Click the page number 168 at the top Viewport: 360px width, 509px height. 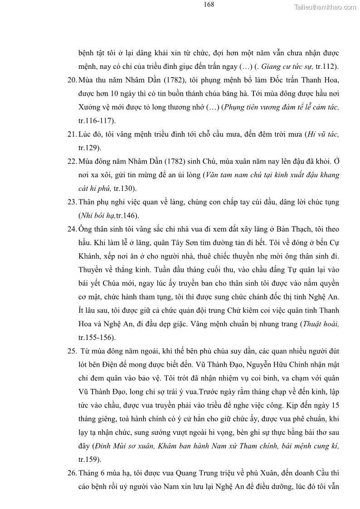coord(209,5)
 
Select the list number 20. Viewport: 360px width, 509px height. coord(72,80)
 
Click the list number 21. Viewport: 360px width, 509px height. coord(72,134)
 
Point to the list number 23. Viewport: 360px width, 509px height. coord(72,202)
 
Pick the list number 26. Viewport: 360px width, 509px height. coord(72,473)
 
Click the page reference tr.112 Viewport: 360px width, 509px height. coord(326,67)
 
